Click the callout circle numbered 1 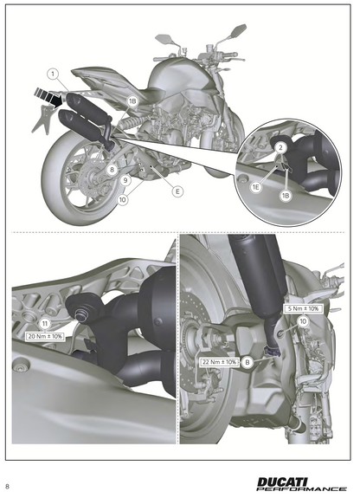click(52, 74)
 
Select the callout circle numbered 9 click(125, 181)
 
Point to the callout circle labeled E click(177, 191)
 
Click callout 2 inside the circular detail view click(280, 148)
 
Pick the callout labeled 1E click(255, 187)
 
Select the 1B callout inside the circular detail click(285, 196)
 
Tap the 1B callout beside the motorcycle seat click(132, 101)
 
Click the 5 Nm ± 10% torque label click(303, 308)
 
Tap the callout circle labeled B click(247, 363)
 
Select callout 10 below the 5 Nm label click(303, 321)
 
